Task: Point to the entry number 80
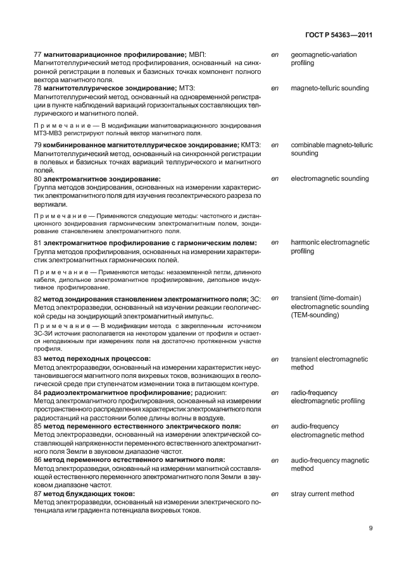(37, 179)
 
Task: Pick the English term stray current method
(322, 494)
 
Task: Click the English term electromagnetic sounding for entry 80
(329, 179)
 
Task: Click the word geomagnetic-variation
(324, 55)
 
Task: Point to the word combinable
(310, 145)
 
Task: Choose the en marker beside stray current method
(275, 494)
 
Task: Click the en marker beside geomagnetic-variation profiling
(275, 55)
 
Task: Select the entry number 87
(37, 494)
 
